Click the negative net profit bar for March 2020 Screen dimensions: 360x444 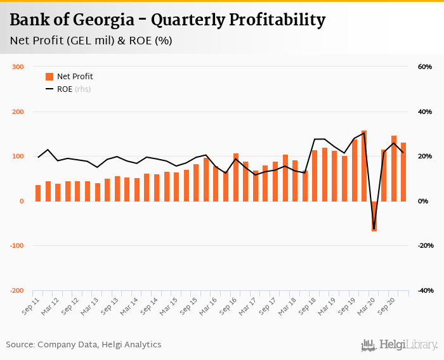click(374, 216)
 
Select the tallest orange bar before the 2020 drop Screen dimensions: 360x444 click(364, 166)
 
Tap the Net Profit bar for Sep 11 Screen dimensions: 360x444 click(38, 193)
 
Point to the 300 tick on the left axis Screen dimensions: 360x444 click(18, 67)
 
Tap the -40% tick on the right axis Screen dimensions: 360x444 click(424, 291)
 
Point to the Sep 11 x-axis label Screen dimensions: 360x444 click(29, 309)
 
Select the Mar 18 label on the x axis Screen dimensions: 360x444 click(285, 309)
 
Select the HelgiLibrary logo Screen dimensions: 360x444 click(400, 345)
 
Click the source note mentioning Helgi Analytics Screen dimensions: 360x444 click(84, 345)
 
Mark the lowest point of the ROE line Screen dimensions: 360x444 click(374, 229)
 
